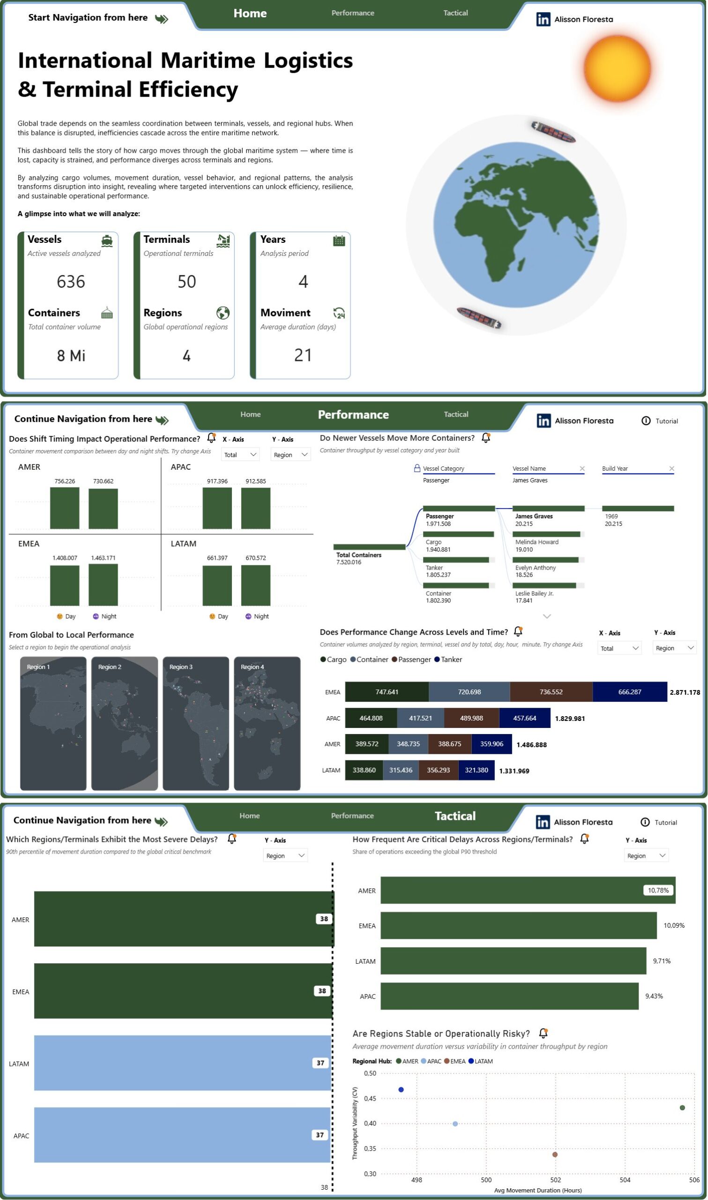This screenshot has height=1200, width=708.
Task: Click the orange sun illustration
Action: click(x=618, y=68)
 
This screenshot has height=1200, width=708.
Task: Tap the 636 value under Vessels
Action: click(x=71, y=282)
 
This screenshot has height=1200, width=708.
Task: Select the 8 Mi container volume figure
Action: click(x=71, y=355)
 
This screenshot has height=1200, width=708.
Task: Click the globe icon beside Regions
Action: click(x=223, y=313)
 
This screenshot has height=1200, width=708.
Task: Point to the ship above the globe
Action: click(x=553, y=132)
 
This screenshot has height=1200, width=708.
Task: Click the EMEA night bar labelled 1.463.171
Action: click(x=103, y=585)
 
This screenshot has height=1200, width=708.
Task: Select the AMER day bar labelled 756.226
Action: click(x=65, y=508)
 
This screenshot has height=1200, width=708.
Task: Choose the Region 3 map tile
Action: click(x=195, y=723)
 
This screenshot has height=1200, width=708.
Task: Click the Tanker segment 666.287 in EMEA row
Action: click(x=630, y=692)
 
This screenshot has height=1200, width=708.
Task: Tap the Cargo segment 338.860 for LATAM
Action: click(x=364, y=770)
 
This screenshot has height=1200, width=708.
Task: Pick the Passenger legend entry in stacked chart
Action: click(x=411, y=660)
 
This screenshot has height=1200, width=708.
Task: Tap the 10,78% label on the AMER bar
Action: click(x=658, y=890)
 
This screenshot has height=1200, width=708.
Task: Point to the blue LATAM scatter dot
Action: click(x=401, y=1089)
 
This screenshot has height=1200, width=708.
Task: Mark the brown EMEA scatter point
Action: click(x=555, y=1154)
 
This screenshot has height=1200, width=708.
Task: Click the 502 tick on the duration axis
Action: click(x=555, y=1179)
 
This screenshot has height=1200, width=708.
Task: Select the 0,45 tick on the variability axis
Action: click(x=370, y=1098)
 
